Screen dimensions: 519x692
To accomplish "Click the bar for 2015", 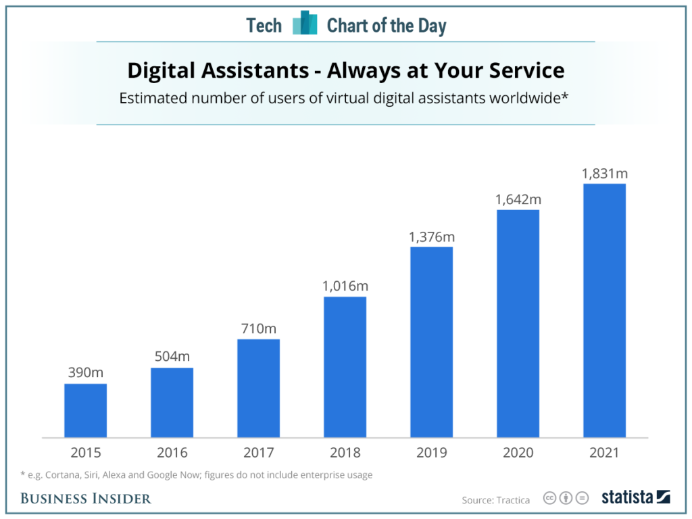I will (85, 410).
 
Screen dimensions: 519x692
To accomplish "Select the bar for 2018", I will (345, 367).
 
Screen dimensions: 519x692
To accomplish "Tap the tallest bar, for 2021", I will (604, 311).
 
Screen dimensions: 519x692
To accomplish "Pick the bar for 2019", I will (431, 342).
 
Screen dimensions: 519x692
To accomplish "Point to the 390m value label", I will (85, 372).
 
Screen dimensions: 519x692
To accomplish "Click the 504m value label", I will (172, 356).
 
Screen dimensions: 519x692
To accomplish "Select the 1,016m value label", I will (345, 285).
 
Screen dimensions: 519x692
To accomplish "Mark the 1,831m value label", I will (604, 173).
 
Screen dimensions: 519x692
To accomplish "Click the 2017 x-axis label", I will (258, 453).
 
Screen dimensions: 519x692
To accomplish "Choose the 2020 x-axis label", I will (518, 453).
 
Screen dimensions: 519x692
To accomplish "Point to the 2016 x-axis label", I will (172, 453).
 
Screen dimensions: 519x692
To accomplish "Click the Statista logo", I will (635, 497).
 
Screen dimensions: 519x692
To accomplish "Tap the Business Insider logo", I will (86, 499).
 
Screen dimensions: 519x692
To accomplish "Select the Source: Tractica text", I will (495, 499).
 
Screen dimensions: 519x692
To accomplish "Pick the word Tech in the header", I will (264, 26).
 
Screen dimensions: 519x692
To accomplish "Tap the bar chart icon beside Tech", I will (305, 24).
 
